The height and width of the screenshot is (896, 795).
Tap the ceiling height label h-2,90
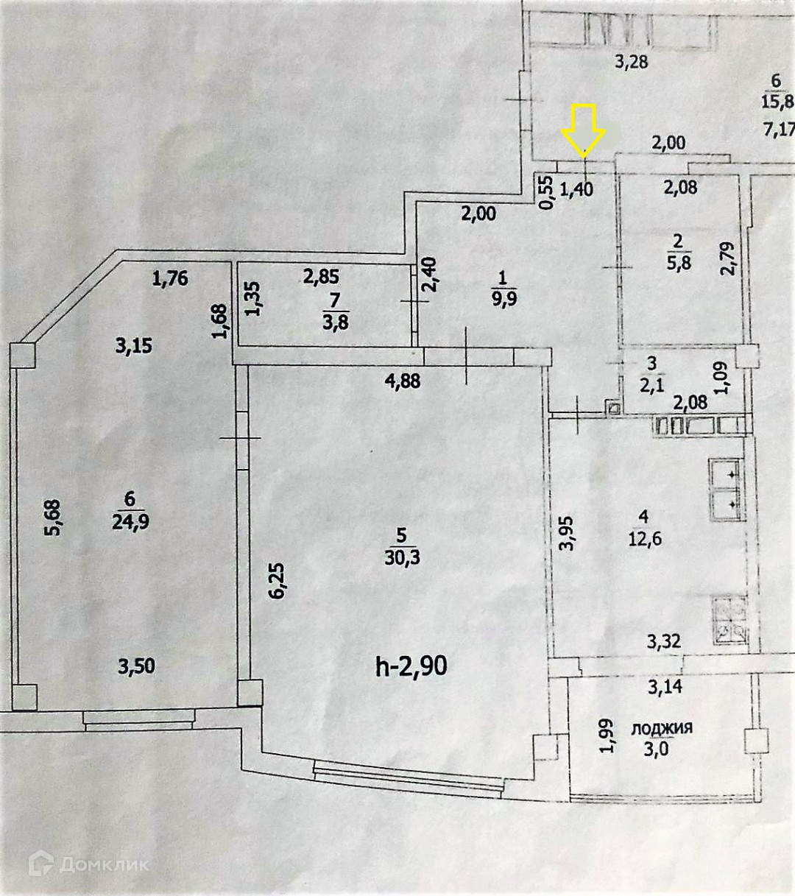(x=411, y=666)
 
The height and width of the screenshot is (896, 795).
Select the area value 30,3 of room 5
(x=402, y=558)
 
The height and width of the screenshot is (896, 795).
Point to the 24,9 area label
(x=130, y=522)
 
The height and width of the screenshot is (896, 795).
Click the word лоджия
(x=662, y=728)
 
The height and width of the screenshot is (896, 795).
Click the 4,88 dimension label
(x=403, y=381)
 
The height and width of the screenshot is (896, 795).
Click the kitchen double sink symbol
(x=725, y=487)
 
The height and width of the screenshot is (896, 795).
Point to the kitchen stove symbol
(x=729, y=620)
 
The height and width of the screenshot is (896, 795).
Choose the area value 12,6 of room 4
(x=644, y=540)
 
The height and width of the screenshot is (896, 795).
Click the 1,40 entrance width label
(x=576, y=189)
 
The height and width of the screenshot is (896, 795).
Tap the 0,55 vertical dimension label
(x=545, y=192)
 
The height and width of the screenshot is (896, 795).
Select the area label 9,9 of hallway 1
(x=504, y=301)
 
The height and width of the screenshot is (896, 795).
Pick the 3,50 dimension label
(x=137, y=667)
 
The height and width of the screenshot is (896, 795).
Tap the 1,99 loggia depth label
(x=607, y=736)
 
